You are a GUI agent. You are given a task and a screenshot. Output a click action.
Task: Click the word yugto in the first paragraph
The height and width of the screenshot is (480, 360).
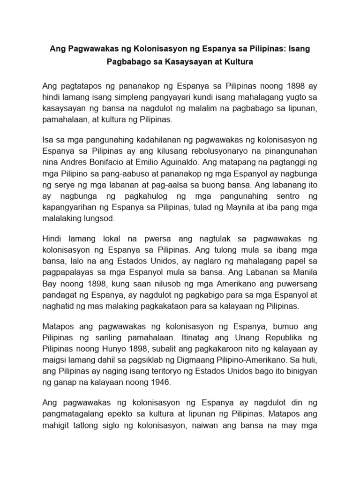click(288, 97)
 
